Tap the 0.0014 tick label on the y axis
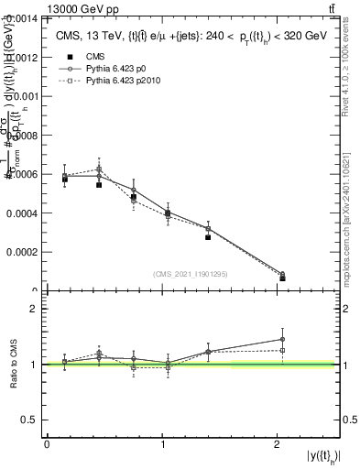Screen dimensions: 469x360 (23, 18)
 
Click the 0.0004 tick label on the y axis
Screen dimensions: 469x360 (23, 213)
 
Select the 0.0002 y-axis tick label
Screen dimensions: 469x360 (23, 251)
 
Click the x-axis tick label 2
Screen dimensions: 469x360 (278, 444)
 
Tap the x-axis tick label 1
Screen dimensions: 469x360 (162, 444)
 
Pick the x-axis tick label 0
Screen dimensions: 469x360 (47, 444)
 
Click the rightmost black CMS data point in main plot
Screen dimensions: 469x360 (282, 278)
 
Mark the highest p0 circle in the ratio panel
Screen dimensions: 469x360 (282, 340)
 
